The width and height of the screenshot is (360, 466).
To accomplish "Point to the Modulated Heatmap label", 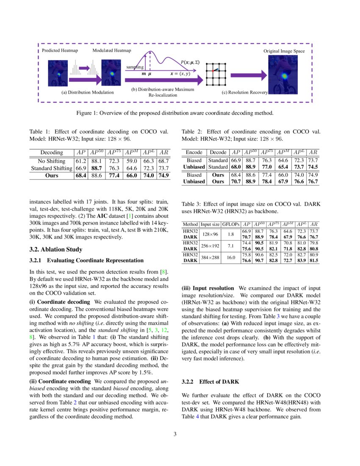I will pyautogui.click(x=111, y=51).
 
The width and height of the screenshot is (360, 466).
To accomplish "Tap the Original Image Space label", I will pyautogui.click(x=283, y=51).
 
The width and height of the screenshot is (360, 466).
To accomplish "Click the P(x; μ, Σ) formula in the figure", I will pyautogui.click(x=190, y=62).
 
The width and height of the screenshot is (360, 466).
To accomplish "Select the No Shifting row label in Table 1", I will pyautogui.click(x=51, y=161).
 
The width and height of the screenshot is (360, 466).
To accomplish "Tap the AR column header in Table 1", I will pyautogui.click(x=163, y=153).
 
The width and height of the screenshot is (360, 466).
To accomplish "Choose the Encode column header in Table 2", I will pyautogui.click(x=194, y=153).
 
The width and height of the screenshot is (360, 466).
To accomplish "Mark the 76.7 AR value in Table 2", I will pyautogui.click(x=313, y=181).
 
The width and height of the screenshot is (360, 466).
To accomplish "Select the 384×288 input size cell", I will pyautogui.click(x=210, y=257).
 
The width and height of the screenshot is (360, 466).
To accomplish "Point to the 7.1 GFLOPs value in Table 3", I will pyautogui.click(x=231, y=245).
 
